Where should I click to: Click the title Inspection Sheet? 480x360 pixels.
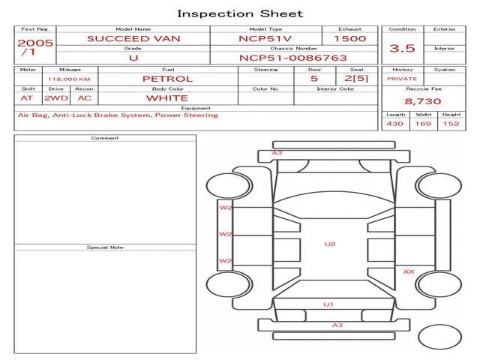point(240,13)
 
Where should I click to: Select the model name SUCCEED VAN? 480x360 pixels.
point(133,39)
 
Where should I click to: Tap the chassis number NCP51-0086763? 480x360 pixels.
point(293,58)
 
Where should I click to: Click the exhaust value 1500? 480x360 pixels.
point(350,39)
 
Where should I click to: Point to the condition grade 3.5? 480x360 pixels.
point(402,48)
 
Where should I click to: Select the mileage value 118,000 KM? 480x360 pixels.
point(69,79)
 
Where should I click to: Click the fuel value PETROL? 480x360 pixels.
point(168,79)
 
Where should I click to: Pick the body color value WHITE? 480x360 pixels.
point(167,98)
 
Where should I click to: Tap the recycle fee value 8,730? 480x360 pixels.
point(423,101)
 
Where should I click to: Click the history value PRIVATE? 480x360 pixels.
point(402,79)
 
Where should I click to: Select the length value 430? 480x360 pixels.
point(395,124)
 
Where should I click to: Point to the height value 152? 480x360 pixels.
point(451,124)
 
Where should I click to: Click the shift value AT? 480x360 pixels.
point(27,98)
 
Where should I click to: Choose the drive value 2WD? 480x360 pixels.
point(56,98)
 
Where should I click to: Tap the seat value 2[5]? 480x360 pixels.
point(356,78)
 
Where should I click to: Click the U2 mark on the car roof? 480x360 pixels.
point(330,244)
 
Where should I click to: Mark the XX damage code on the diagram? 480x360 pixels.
point(409,271)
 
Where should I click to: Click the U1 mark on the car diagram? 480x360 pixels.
point(328,304)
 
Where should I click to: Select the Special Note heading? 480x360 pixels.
point(105,247)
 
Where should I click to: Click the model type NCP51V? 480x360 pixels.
point(265,39)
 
